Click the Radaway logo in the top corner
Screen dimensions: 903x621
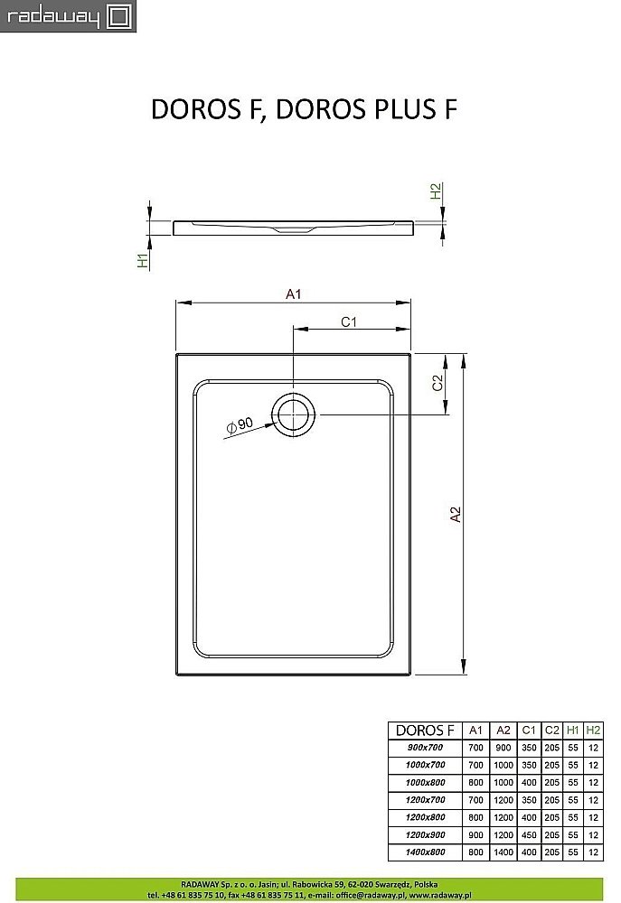68,16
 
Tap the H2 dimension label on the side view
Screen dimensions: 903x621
436,191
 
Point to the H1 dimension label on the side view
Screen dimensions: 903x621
142,260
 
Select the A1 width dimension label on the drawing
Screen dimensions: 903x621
293,293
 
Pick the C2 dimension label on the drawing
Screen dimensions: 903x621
437,383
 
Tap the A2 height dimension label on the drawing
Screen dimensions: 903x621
456,514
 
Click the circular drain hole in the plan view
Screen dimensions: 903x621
295,415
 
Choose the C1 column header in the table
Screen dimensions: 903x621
529,730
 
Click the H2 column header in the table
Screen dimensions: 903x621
592,730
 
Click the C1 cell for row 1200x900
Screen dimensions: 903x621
529,834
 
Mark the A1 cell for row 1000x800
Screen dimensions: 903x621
475,782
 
